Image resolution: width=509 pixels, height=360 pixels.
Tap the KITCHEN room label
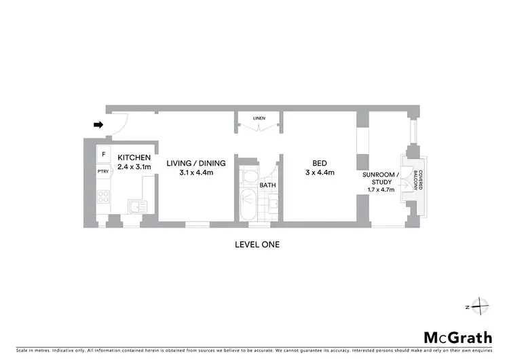pos(134,158)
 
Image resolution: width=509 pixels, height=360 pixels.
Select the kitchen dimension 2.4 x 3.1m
pos(134,166)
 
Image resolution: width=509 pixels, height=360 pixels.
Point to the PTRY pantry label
pos(103,173)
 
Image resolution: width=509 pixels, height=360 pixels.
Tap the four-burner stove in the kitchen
pos(104,198)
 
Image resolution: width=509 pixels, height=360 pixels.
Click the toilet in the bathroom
pos(249,176)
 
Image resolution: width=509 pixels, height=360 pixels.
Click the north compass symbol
pos(480,307)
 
